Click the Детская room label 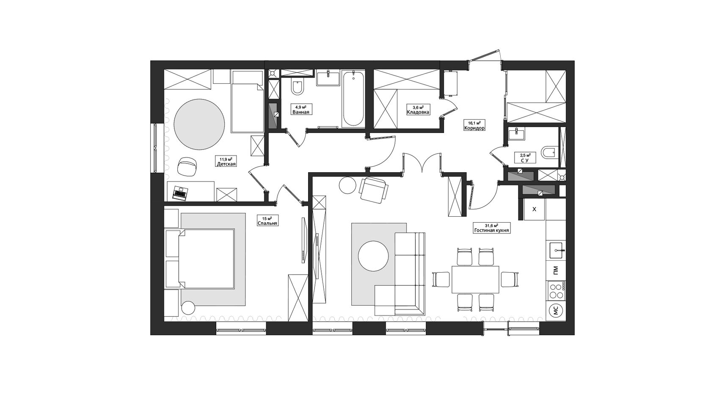(226, 164)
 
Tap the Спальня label (267, 223)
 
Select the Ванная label (300, 112)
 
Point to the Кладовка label (418, 112)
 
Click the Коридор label (474, 128)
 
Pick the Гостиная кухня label (492, 231)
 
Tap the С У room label (525, 161)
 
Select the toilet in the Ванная (298, 87)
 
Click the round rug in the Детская (199, 124)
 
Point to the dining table (475, 279)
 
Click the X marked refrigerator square (534, 209)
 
